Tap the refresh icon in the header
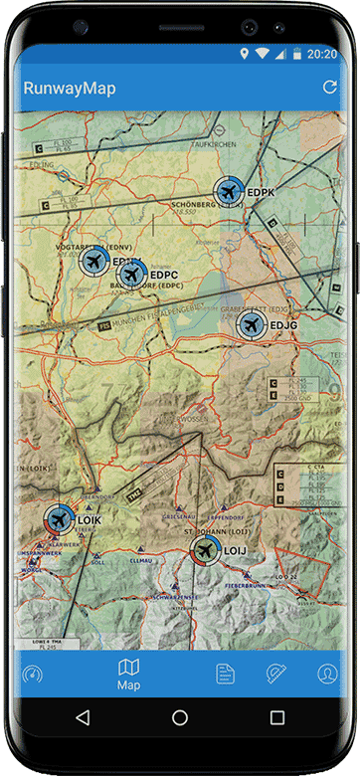point(329,89)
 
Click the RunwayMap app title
point(70,89)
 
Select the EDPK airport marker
point(229,192)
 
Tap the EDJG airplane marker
point(251,325)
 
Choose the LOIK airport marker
point(59,518)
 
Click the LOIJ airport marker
point(205,550)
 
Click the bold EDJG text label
point(283,325)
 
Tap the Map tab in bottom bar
point(129,674)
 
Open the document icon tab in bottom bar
point(226,674)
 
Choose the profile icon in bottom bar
point(327,674)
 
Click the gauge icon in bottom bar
point(32,674)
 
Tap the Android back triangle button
point(83,717)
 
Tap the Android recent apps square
point(277,717)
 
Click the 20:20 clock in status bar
point(323,54)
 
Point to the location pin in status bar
point(244,54)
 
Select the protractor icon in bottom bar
point(276,674)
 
